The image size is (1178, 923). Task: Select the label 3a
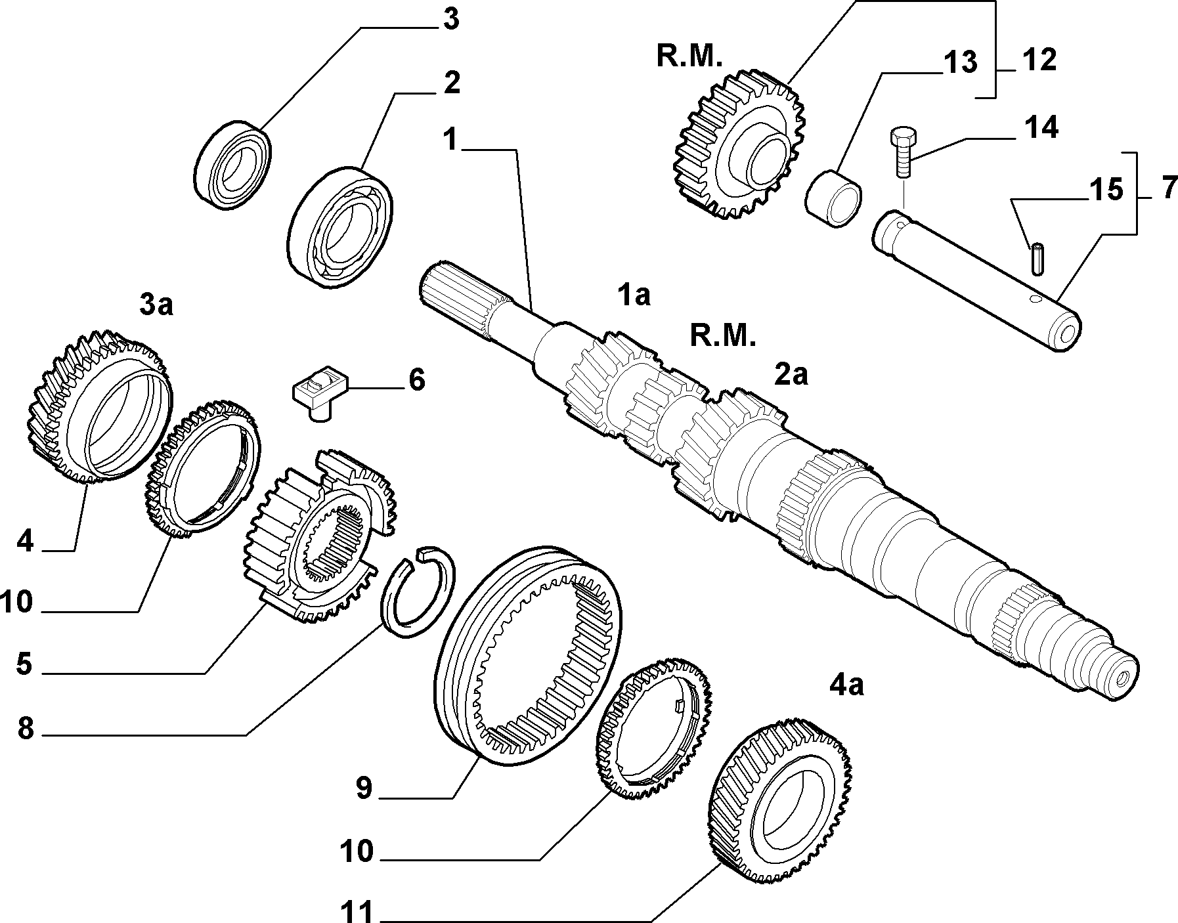pos(156,305)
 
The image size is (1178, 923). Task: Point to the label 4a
pos(847,685)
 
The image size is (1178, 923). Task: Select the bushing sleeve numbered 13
pos(833,198)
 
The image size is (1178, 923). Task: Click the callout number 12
pos(1039,60)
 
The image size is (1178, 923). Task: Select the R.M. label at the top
pos(690,57)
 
